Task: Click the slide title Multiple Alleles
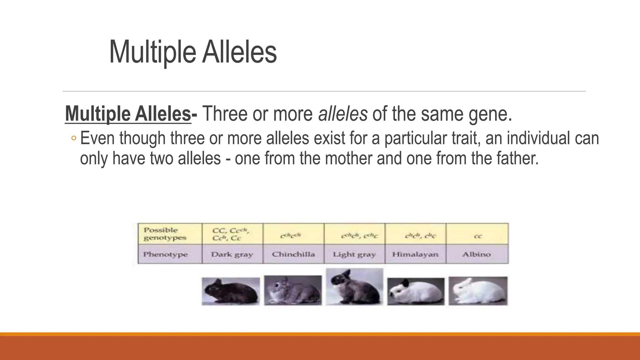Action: coord(193,52)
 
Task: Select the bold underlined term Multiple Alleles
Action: coord(128,114)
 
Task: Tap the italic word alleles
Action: coord(343,114)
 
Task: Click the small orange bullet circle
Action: coord(73,138)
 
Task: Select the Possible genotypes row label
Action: coord(165,234)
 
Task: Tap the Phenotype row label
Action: coord(166,254)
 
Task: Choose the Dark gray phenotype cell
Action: coord(232,254)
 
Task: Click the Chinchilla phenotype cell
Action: coord(293,254)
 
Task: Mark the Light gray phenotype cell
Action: coord(354,254)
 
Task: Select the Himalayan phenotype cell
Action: coord(415,254)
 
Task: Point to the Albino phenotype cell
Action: coord(477,254)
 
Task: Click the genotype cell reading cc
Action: coord(477,236)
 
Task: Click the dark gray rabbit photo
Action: coord(231,291)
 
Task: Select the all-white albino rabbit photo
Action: coord(478,291)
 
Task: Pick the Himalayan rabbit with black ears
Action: coord(416,292)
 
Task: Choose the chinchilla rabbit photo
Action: coord(293,290)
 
